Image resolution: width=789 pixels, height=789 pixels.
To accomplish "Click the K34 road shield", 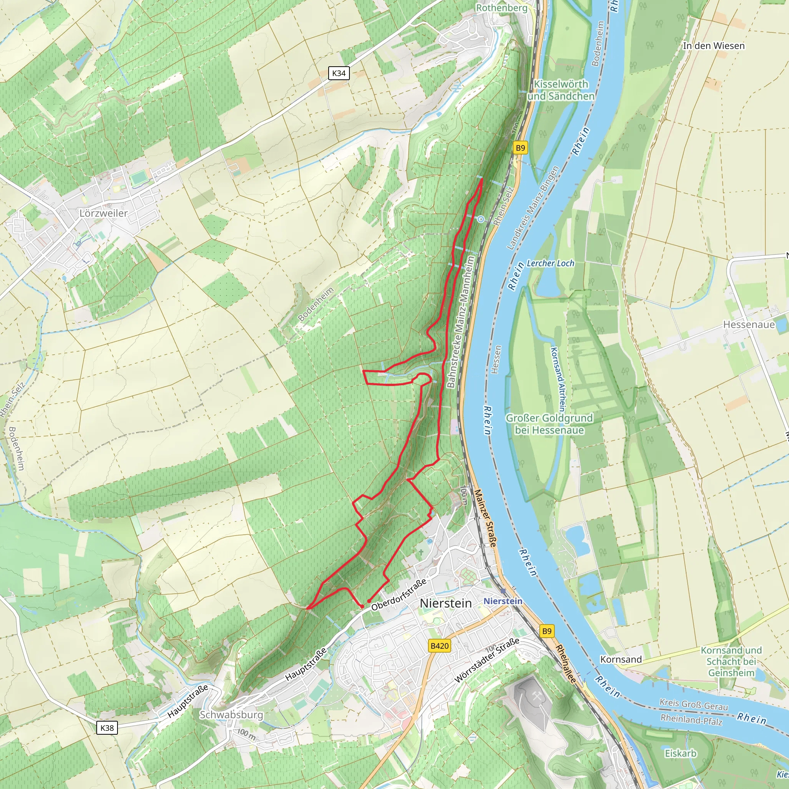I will click(x=339, y=74).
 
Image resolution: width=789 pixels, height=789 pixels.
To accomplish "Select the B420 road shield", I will click(x=440, y=646).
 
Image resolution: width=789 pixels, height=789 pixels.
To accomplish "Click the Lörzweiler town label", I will click(x=103, y=213).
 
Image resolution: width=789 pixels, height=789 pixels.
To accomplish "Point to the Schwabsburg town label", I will click(x=231, y=714).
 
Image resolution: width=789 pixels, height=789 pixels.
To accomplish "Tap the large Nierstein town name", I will click(x=446, y=603).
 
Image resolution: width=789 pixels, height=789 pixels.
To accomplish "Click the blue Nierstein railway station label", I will click(x=503, y=601).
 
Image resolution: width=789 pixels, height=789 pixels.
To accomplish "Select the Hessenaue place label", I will click(x=749, y=325).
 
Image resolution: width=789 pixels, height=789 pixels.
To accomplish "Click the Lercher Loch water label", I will click(x=550, y=264).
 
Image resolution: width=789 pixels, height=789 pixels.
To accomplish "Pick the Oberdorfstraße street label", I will click(x=399, y=594).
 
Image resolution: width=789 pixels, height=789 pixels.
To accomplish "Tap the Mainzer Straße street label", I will click(x=485, y=518).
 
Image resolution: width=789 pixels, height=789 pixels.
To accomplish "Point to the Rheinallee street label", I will click(x=566, y=664).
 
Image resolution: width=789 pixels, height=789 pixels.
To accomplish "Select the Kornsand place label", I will click(x=621, y=659).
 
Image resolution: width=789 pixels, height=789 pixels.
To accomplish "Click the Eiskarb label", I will click(x=680, y=753).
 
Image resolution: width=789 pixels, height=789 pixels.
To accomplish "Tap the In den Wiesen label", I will click(x=713, y=46).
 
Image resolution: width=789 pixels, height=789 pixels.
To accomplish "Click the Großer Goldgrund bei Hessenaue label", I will click(x=549, y=424).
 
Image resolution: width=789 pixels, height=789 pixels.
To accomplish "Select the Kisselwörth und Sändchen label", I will click(x=561, y=90).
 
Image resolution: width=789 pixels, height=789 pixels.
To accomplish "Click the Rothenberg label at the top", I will click(x=502, y=7).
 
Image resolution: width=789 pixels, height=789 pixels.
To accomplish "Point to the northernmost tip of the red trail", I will click(x=482, y=179).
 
